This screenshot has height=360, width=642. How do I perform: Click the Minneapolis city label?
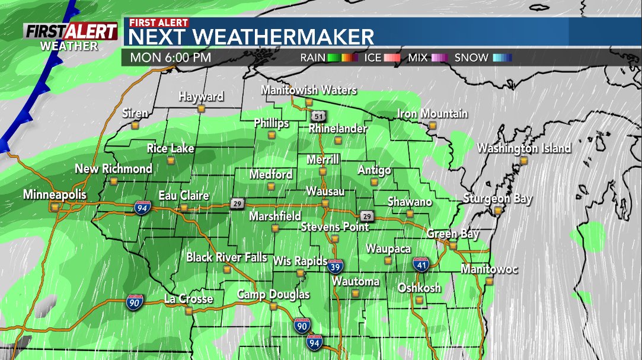pos(55,195)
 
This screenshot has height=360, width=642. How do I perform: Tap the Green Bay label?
pos(453,234)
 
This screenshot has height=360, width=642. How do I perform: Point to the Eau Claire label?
pos(183,196)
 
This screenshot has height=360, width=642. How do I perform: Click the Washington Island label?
pos(524,148)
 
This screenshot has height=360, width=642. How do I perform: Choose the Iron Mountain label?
pos(432,113)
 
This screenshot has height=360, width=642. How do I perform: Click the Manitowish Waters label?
pos(309,90)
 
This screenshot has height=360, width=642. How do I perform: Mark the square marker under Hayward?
pos(202,109)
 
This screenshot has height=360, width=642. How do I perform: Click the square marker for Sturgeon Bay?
pos(498,210)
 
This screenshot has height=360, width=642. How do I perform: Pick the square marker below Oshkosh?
pos(419,300)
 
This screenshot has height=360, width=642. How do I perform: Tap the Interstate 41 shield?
pos(421,264)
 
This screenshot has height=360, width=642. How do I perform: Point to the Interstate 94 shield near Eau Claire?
pos(145,207)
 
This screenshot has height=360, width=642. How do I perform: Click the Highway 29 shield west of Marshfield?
pos(237,203)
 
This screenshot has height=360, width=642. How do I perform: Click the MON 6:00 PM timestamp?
pos(171,58)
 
